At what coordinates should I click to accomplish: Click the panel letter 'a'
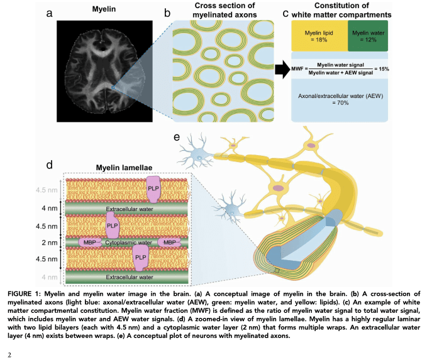pyautogui.click(x=48, y=12)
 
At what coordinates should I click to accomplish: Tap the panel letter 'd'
pyautogui.click(x=49, y=166)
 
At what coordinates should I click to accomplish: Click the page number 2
pyautogui.click(x=9, y=354)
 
